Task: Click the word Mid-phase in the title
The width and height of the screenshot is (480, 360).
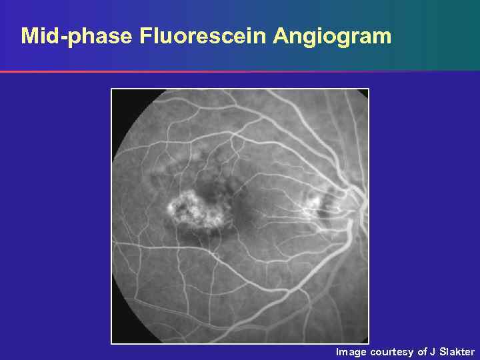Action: point(77,36)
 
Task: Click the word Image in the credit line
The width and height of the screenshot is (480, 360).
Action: point(351,351)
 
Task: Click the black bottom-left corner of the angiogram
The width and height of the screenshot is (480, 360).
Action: point(117,337)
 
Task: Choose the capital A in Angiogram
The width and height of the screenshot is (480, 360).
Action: point(281,36)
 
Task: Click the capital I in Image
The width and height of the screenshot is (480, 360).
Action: point(337,351)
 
